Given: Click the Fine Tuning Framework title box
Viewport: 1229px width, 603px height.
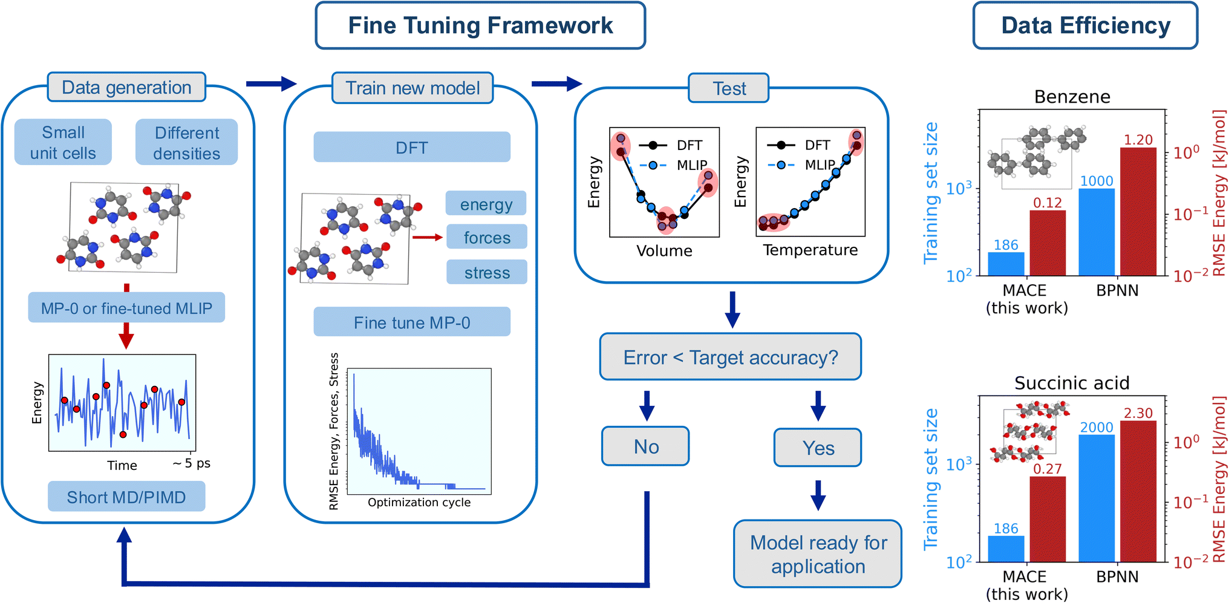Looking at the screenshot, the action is click(x=480, y=25).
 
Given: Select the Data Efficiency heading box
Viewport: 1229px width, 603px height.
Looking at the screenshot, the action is click(x=1085, y=25).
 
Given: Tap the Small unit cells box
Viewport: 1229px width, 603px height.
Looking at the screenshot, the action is click(x=63, y=142).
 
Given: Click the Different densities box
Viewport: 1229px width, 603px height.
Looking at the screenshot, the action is click(x=187, y=142).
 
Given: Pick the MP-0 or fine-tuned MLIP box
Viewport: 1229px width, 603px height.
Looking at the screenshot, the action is click(x=126, y=308).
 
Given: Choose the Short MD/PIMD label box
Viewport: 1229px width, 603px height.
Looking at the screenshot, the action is click(x=126, y=497).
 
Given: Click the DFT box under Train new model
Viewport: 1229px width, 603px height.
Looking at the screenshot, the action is click(x=412, y=147).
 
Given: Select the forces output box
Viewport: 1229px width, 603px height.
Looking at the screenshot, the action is click(x=487, y=237).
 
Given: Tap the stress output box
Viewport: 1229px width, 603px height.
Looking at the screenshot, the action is click(x=487, y=272).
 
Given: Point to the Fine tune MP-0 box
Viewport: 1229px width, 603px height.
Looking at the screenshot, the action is click(x=412, y=322).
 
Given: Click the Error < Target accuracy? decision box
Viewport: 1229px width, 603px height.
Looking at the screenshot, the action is click(x=731, y=357).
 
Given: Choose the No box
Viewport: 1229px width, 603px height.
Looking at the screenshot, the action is click(x=645, y=446).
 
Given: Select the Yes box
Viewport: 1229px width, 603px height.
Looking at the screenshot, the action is click(x=818, y=448).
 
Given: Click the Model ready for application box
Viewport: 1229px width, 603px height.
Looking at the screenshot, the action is click(x=818, y=554).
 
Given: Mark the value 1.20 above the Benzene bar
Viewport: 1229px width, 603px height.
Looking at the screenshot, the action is click(x=1138, y=140).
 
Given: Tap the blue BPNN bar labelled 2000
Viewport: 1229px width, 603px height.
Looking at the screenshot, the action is click(x=1097, y=498).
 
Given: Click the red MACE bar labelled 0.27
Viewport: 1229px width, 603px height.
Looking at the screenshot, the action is click(x=1048, y=520).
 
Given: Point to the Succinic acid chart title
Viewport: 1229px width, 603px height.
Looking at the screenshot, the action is click(x=1072, y=383).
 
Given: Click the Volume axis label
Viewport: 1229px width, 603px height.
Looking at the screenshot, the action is click(x=664, y=250).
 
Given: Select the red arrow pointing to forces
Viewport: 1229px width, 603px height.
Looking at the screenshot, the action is click(x=428, y=238).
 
